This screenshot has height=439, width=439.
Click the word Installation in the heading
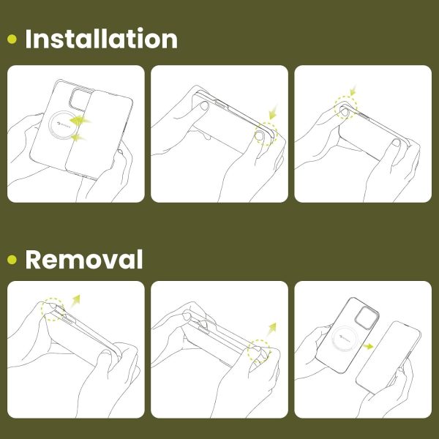pyautogui.click(x=102, y=39)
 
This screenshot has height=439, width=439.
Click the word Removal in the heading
pyautogui.click(x=84, y=259)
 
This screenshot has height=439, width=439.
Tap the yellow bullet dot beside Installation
pyautogui.click(x=12, y=40)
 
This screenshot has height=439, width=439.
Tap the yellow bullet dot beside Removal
pyautogui.click(x=12, y=260)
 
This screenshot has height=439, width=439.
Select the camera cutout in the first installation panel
pyautogui.click(x=81, y=99)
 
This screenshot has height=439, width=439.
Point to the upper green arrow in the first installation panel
pyautogui.click(x=80, y=120)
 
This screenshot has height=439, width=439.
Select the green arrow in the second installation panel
pyautogui.click(x=273, y=112)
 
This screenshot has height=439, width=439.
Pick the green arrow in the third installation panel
pyautogui.click(x=353, y=90)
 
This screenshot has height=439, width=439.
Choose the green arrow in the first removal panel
pyautogui.click(x=75, y=301)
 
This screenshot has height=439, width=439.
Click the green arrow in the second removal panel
pyautogui.click(x=271, y=329)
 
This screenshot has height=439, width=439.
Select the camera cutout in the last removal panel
pyautogui.click(x=367, y=318)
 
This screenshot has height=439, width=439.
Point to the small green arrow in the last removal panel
pyautogui.click(x=368, y=346)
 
